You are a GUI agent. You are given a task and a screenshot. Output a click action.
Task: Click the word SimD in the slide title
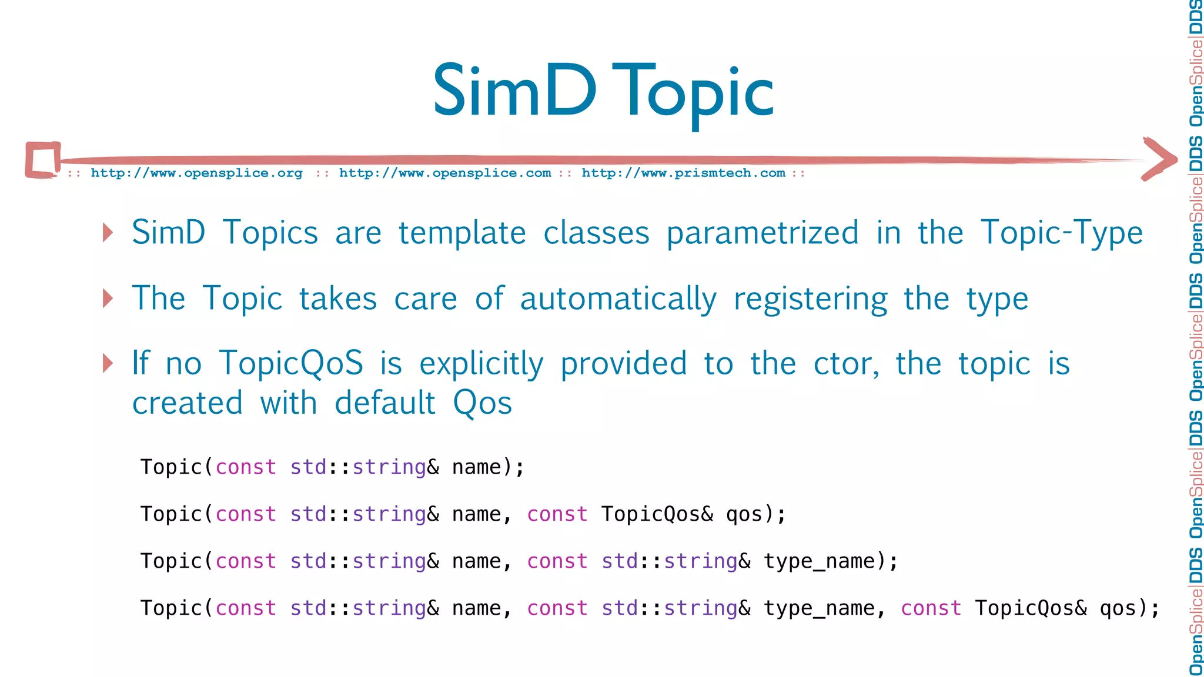pos(514,92)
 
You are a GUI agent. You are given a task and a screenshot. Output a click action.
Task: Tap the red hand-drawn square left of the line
pos(43,159)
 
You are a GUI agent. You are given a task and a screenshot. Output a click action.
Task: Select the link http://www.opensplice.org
pos(196,173)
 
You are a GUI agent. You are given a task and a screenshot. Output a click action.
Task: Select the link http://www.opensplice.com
pos(445,173)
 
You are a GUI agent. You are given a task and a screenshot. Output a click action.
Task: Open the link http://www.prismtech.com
pos(683,173)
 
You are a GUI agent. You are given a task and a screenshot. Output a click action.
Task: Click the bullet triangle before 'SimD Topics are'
pos(108,233)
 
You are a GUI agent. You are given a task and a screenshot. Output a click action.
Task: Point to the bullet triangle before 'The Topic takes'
pos(108,299)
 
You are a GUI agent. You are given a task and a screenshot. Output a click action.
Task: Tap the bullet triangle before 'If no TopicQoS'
pos(108,363)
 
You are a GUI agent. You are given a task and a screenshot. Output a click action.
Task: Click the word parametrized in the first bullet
pos(762,233)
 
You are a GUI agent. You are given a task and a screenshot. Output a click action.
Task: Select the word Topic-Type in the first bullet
pos(1062,233)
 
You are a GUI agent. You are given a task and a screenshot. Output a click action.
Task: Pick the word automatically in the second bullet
pos(618,299)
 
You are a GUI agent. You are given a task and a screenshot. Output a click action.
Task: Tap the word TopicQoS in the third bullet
pos(291,364)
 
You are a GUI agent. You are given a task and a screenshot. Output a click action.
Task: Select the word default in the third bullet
pos(385,404)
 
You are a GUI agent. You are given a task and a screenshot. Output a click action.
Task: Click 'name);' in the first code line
pos(488,467)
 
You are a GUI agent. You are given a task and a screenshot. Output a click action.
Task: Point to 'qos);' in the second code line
pos(755,514)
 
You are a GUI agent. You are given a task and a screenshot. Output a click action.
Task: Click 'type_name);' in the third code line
pos(831,561)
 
